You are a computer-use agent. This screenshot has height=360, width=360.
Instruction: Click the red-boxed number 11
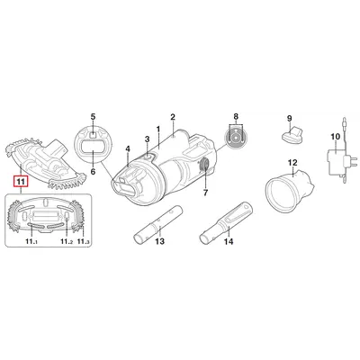[21, 181]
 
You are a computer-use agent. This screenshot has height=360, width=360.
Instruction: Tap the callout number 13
[160, 241]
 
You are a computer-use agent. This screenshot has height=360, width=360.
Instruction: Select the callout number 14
[229, 241]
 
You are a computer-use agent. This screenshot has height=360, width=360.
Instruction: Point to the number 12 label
[292, 163]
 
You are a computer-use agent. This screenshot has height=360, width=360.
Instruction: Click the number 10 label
[336, 137]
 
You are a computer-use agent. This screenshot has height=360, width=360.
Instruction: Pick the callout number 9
[289, 118]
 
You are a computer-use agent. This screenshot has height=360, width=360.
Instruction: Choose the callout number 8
[236, 116]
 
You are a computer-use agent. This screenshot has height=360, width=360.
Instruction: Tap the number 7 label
[205, 193]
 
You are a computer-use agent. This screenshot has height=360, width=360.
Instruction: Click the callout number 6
[93, 172]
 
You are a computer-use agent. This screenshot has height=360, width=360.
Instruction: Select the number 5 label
[93, 116]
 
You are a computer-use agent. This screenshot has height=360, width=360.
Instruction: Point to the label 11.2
[67, 241]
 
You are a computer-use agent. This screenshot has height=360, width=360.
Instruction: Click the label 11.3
[84, 241]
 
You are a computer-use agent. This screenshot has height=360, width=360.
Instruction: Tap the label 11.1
[31, 241]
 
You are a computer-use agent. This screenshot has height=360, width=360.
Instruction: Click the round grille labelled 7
[205, 165]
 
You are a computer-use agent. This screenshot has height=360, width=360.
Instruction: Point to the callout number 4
[128, 148]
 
